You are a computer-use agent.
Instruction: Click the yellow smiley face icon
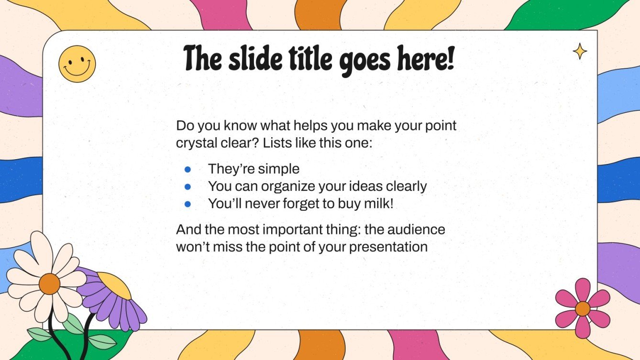coord(77,64)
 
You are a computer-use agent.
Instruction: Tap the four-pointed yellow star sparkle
coord(580,51)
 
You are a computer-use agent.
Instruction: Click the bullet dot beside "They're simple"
coord(188,169)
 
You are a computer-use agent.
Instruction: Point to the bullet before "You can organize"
coord(188,186)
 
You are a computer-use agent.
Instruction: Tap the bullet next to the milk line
coord(188,204)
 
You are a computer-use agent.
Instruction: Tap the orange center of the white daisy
coord(49,284)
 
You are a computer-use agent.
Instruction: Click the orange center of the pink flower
coord(582,308)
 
